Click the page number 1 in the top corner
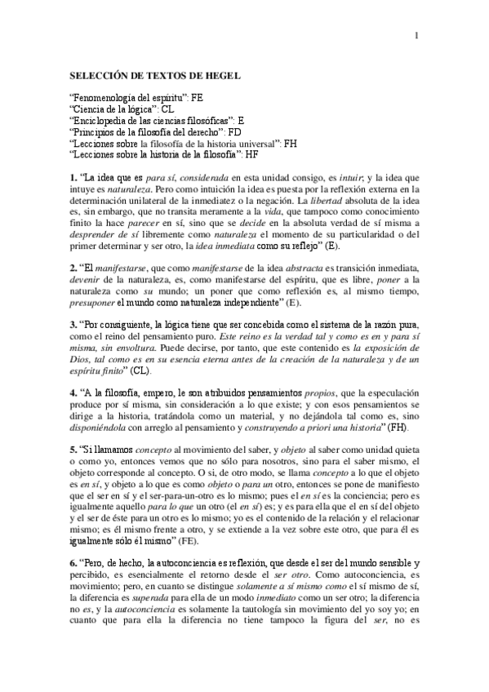click(416, 35)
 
